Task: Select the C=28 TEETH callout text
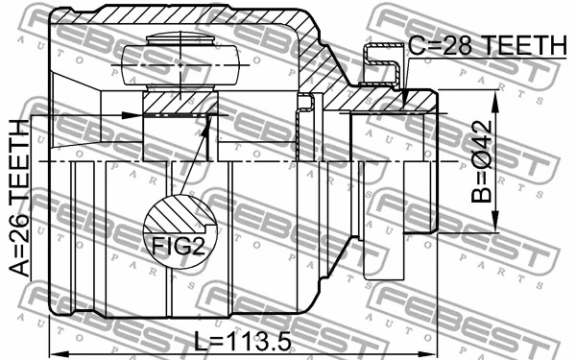click(488, 43)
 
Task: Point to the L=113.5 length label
click(240, 340)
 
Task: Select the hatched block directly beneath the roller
click(180, 100)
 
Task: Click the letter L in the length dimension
click(199, 340)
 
